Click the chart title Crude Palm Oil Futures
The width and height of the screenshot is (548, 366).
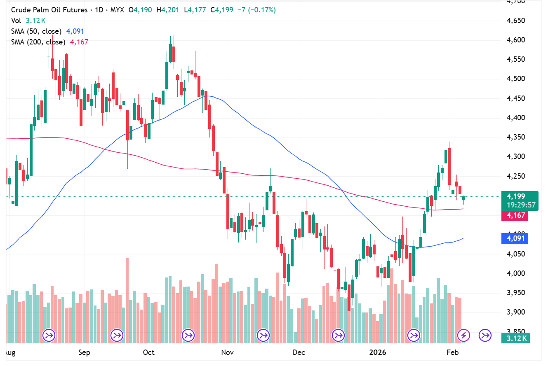49,10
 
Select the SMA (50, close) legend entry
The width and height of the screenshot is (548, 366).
36,31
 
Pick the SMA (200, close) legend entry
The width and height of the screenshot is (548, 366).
38,42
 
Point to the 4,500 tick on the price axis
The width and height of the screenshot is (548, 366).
515,79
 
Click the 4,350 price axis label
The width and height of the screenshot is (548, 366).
515,137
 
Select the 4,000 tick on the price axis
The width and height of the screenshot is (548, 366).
515,273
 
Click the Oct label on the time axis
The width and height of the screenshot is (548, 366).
148,352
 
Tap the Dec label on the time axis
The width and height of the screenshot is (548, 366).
299,352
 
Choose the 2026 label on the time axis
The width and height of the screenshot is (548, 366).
377,352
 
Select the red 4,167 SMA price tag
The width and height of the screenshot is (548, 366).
515,215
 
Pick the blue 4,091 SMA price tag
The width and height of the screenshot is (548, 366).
515,238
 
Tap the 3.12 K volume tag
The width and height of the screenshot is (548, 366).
515,338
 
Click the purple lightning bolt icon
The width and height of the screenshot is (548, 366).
464,335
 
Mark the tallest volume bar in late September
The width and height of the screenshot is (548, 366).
127,300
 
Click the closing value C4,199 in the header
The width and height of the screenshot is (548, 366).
222,10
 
